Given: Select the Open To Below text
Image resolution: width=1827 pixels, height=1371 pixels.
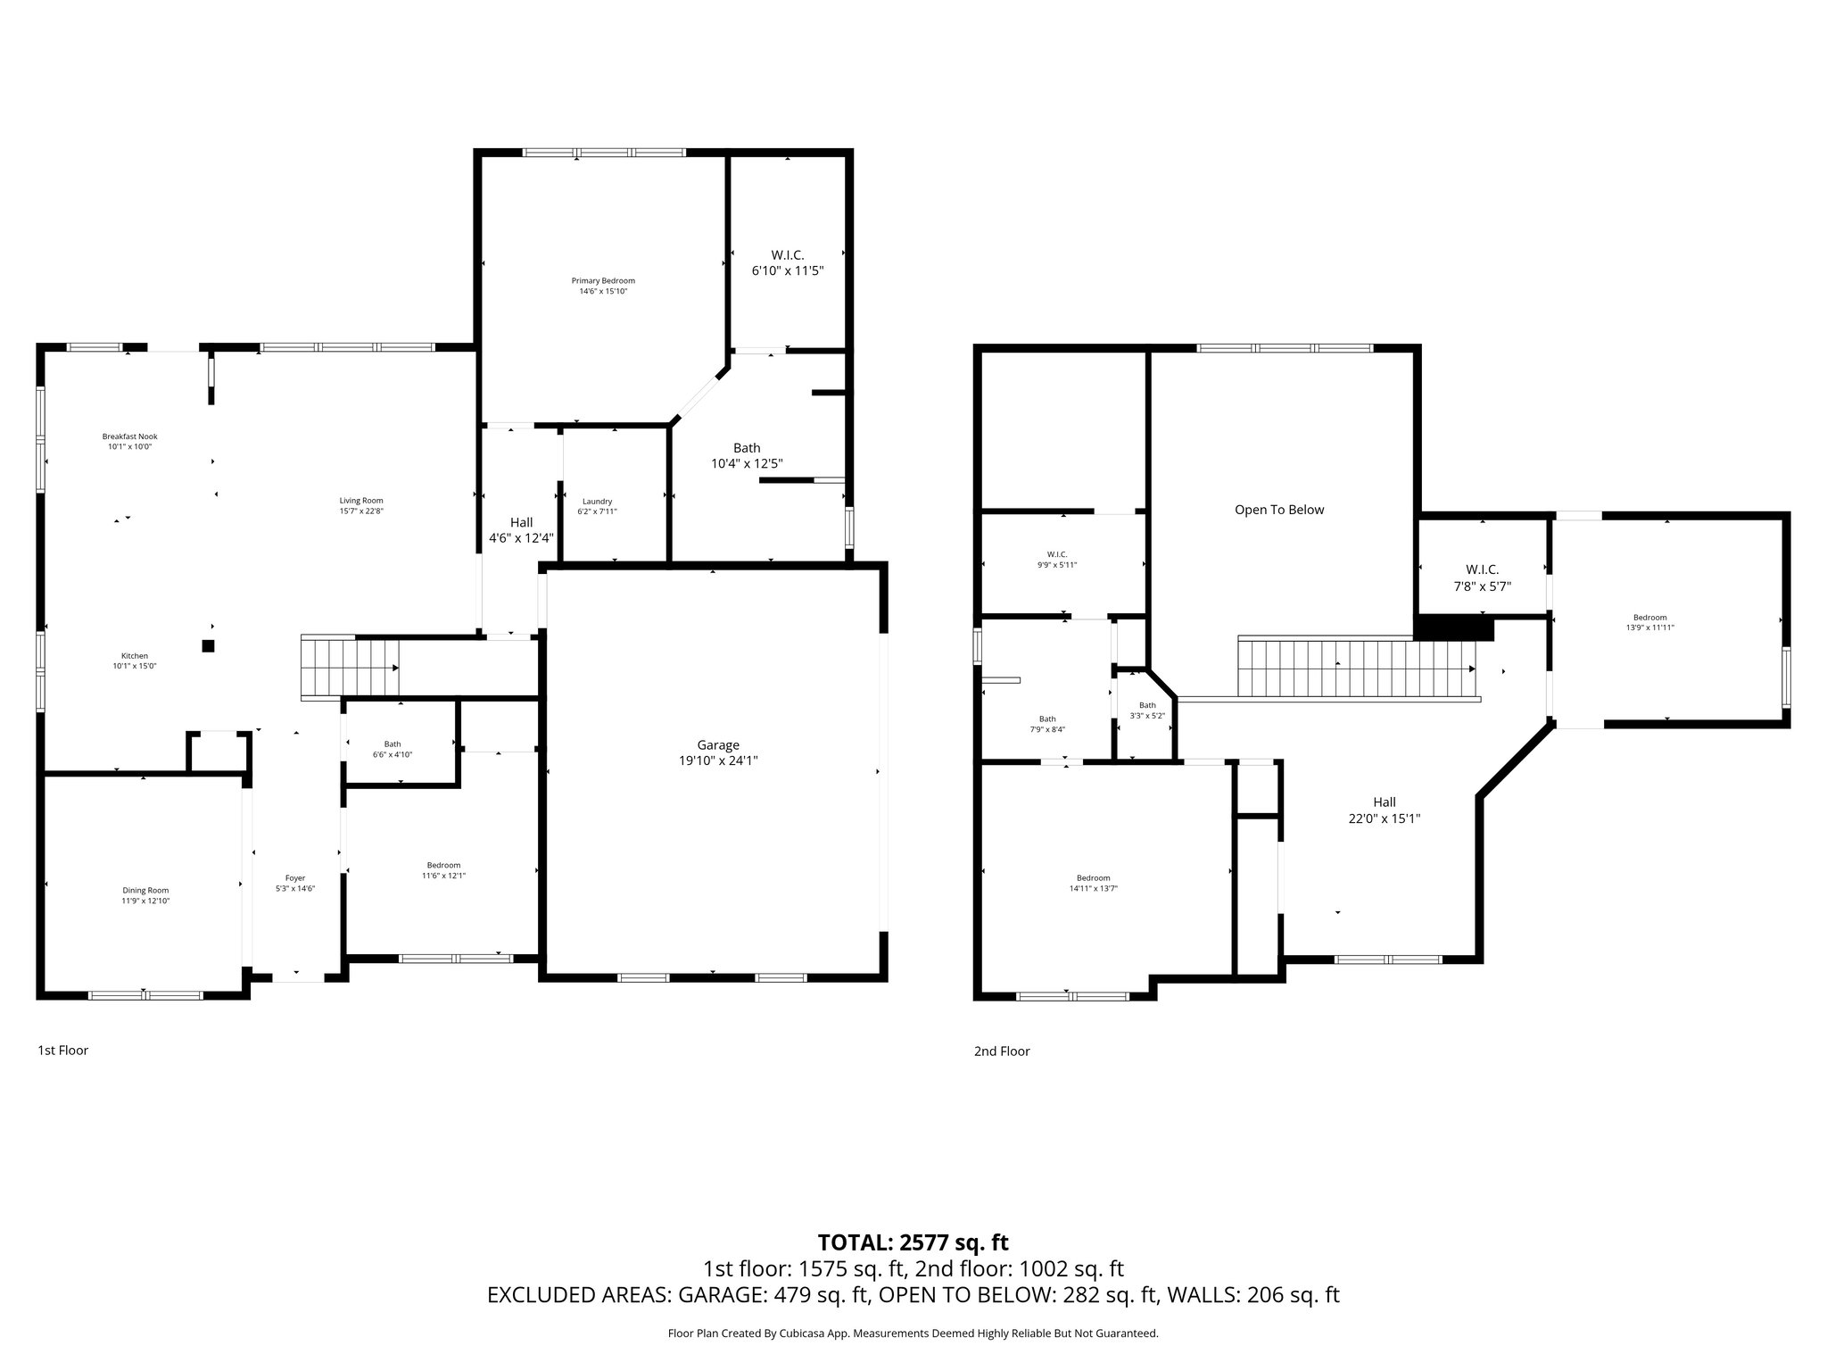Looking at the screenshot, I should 1278,510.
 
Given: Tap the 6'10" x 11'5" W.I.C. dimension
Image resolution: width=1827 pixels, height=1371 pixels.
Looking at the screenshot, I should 787,270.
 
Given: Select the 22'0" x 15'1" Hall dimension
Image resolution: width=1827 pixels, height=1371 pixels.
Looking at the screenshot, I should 1384,818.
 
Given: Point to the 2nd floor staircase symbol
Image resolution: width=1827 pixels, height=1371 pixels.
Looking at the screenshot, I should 1356,668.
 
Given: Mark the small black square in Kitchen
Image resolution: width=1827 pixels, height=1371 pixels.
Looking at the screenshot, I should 208,646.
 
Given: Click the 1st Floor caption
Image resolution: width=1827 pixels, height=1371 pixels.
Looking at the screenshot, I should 62,1051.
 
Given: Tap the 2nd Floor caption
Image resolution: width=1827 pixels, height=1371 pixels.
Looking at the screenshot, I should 1002,1051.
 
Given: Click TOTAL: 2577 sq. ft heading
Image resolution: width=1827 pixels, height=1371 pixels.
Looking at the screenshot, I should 913,1242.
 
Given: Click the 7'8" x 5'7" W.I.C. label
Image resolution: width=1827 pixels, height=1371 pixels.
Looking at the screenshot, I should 1482,577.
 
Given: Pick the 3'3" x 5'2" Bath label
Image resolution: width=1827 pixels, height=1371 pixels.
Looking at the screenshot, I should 1147,710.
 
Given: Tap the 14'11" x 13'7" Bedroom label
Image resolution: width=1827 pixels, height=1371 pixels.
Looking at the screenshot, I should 1093,883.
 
